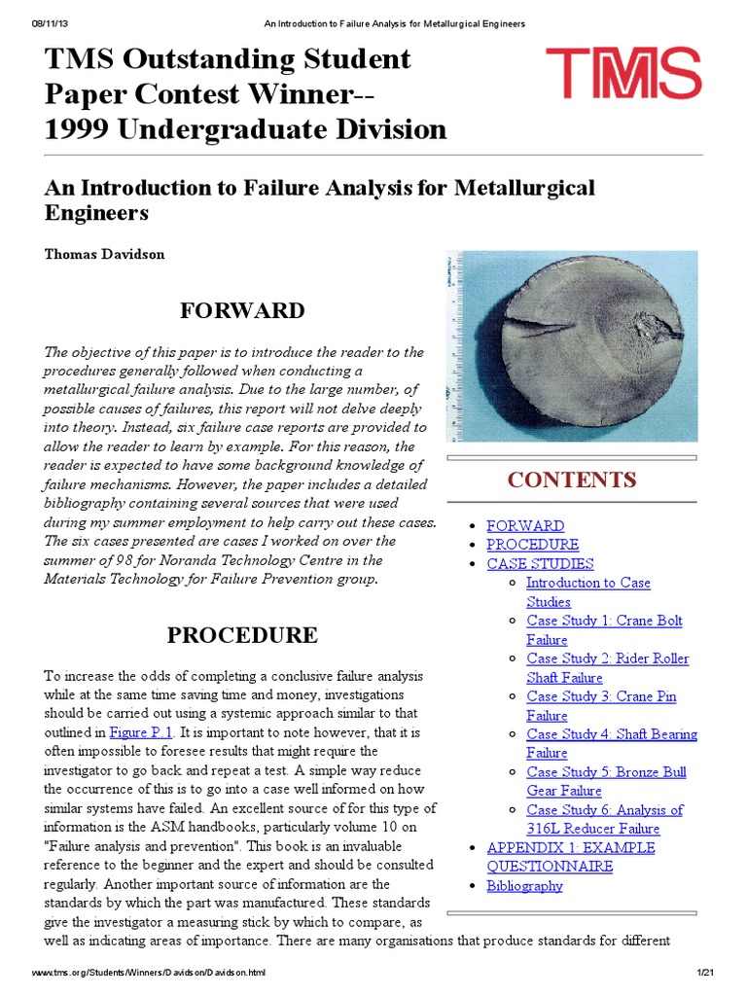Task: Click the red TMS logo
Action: [623, 73]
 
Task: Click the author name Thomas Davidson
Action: [104, 254]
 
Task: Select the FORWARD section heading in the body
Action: [242, 311]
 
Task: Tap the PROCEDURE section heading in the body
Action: [242, 636]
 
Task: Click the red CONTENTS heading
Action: [572, 480]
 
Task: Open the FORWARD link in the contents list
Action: [525, 525]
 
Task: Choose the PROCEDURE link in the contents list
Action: [532, 545]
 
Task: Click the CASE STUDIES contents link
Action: [540, 563]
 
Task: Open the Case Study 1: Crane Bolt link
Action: [604, 621]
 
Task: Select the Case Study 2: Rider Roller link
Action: [607, 658]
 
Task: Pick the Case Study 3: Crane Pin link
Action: [601, 696]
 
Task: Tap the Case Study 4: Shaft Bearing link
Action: [611, 734]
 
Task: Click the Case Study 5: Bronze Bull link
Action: [606, 772]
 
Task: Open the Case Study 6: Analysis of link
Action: [604, 810]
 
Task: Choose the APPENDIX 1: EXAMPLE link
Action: [570, 847]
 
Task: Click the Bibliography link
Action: [524, 885]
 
